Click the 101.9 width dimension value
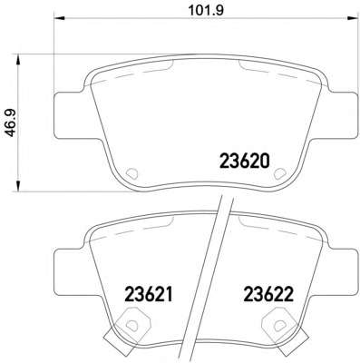click(206, 10)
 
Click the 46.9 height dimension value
click(13, 123)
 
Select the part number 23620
click(244, 161)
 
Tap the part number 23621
click(149, 294)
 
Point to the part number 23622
click(268, 294)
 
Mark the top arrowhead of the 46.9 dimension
click(18, 59)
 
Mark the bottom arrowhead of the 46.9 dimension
click(18, 186)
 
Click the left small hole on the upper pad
click(131, 173)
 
